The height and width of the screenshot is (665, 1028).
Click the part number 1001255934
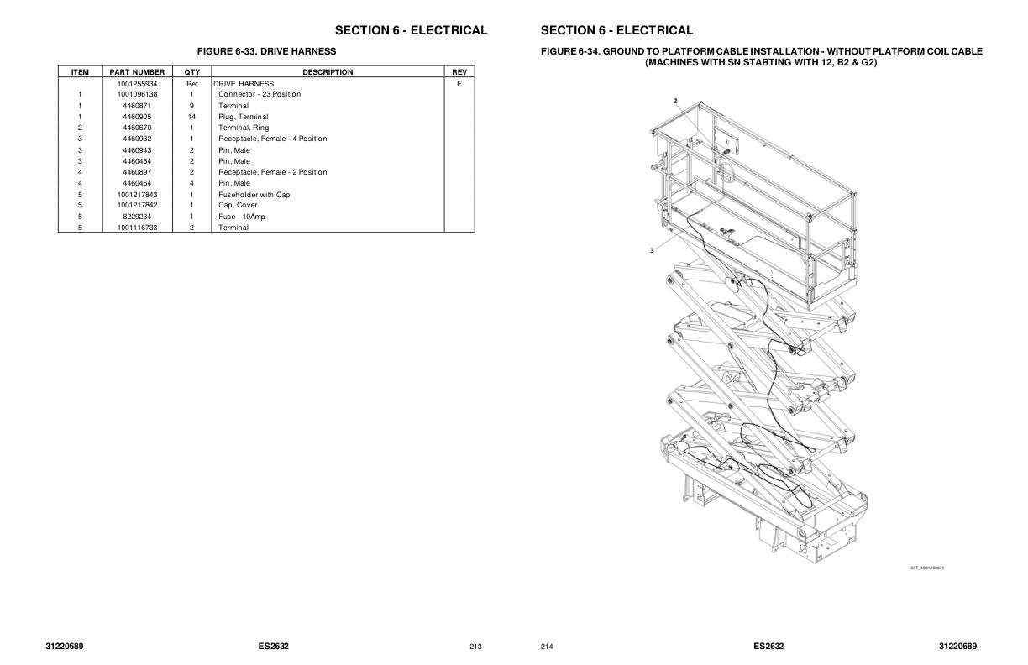[137, 84]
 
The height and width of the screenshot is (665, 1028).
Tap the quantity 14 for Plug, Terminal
[191, 117]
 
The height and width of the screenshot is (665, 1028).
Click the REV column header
[459, 72]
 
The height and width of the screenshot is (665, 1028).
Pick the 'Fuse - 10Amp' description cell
[241, 217]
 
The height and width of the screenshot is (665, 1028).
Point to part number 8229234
[137, 217]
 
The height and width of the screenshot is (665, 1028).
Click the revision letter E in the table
[459, 84]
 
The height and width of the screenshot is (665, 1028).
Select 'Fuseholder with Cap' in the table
[254, 195]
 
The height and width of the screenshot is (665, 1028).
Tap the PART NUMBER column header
[137, 72]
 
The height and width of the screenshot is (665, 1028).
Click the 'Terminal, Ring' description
[244, 128]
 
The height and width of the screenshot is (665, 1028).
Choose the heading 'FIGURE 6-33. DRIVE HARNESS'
[266, 51]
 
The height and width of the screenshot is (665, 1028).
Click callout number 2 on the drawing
[675, 101]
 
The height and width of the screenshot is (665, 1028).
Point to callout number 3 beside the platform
[652, 250]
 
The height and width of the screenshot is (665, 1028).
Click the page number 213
[475, 647]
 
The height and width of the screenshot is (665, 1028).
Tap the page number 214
[547, 647]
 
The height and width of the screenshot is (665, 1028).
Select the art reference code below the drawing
[927, 568]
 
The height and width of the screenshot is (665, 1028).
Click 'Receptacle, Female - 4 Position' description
[272, 139]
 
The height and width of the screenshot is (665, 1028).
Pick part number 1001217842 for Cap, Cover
[137, 205]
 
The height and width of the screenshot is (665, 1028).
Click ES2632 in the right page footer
[768, 646]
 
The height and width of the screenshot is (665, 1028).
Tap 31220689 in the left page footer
[65, 646]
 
